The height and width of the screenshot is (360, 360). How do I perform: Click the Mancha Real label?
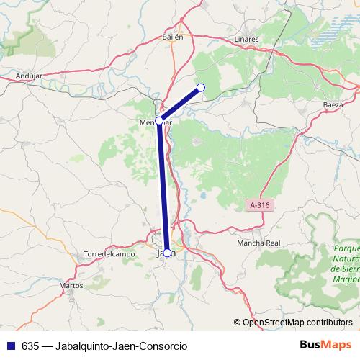(x=258, y=243)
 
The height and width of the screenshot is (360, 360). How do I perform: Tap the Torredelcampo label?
(x=109, y=254)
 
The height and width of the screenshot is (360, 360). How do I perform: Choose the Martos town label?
(x=71, y=285)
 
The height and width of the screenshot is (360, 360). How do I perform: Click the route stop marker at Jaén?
(x=167, y=253)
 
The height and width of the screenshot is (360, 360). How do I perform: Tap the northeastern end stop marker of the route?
(x=201, y=88)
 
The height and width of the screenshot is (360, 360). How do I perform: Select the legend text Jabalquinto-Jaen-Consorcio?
(x=115, y=346)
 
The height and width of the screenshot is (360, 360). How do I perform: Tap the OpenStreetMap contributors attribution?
(x=297, y=322)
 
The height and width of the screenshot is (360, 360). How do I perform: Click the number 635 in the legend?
(x=30, y=346)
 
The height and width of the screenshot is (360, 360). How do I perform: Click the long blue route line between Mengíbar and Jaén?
(x=163, y=187)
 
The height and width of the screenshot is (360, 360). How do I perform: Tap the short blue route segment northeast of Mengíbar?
(x=180, y=104)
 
